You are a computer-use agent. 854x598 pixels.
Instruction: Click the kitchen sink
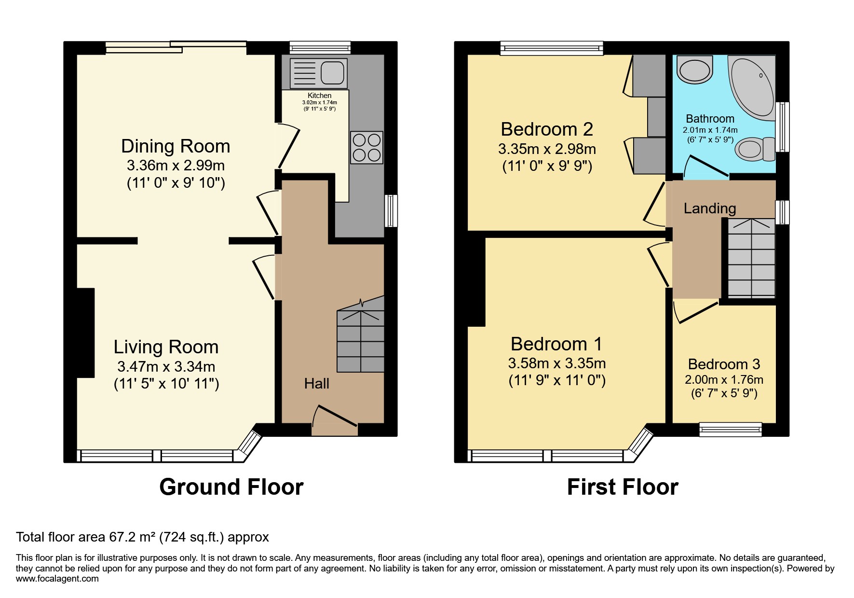(318, 73)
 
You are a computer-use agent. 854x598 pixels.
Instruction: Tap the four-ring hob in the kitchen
(367, 147)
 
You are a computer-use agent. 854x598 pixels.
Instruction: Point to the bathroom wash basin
(695, 70)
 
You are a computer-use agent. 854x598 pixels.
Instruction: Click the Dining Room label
(176, 146)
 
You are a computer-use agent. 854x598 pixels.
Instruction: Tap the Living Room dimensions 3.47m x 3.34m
(166, 366)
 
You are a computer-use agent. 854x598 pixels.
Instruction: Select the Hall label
(317, 384)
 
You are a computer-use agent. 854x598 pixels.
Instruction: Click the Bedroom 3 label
(724, 364)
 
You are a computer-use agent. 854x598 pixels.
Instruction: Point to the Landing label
(710, 209)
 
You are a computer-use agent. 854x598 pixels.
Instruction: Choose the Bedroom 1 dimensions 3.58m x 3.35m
(557, 363)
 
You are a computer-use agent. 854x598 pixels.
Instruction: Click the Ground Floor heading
(231, 487)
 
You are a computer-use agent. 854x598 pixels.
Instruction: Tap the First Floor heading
(623, 487)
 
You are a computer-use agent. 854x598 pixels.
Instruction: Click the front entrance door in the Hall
(335, 417)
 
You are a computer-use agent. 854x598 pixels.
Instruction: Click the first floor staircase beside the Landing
(751, 258)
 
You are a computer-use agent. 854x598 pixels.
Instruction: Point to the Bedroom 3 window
(731, 430)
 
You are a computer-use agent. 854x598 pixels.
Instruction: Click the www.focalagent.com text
(57, 578)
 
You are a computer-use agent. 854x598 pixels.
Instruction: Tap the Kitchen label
(320, 96)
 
